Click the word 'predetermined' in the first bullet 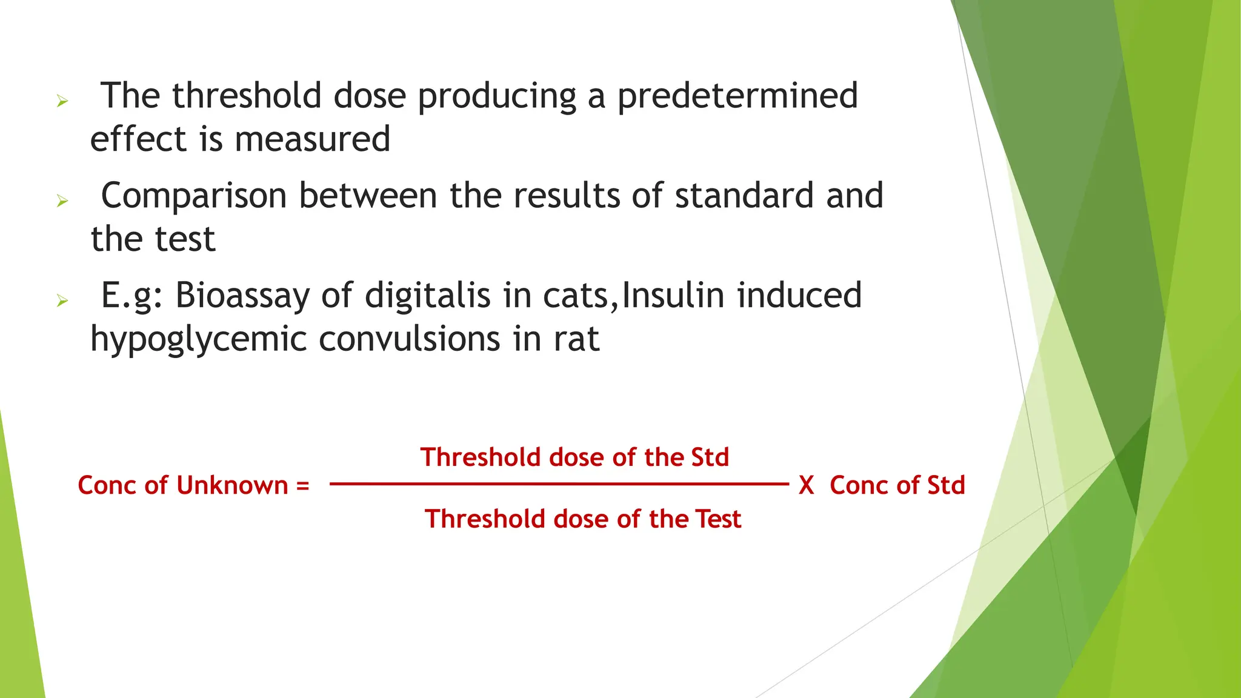(x=737, y=97)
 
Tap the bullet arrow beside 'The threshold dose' (x=62, y=101)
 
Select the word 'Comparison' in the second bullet (x=193, y=196)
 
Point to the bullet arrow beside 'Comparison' (x=62, y=201)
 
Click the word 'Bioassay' (x=241, y=296)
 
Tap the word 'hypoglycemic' (x=198, y=339)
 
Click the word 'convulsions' (x=409, y=339)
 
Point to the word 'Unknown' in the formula (x=232, y=486)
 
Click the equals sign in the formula (x=302, y=486)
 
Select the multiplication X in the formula (x=806, y=486)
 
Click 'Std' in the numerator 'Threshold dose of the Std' (x=708, y=457)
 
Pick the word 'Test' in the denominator (x=718, y=519)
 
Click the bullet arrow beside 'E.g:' (x=62, y=301)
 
